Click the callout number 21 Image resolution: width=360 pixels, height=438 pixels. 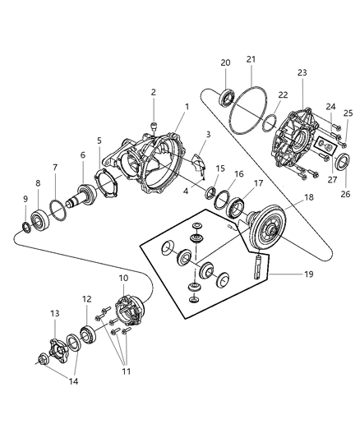tap(251, 59)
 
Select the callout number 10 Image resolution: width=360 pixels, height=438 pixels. tap(123, 279)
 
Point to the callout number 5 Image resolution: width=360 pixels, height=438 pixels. tap(99, 141)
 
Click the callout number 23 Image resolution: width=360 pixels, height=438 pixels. tap(302, 73)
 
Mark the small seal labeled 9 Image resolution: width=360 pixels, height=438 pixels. tap(25, 224)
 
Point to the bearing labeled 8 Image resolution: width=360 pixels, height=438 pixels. tap(39, 219)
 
